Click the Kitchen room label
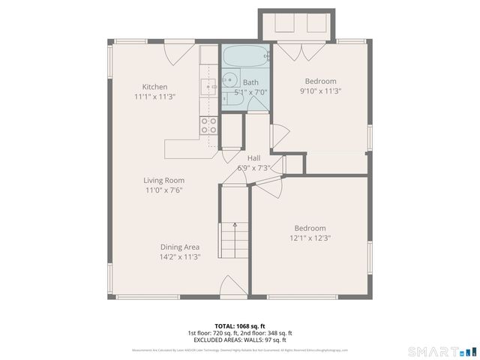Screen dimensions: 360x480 [x=154, y=87]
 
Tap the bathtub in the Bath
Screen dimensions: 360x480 [x=244, y=56]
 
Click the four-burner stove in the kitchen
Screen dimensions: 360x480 [x=208, y=125]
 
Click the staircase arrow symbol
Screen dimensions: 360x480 [x=235, y=224]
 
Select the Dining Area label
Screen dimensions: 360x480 [x=179, y=247]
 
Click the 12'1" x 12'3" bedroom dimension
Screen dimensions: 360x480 [x=310, y=238]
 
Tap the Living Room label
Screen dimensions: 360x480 [x=164, y=180]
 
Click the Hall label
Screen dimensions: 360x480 [x=253, y=158]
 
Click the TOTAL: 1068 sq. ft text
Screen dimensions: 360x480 [x=239, y=325]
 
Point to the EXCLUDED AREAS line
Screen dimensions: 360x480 [x=239, y=340]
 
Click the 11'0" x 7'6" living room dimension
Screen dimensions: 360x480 [x=164, y=190]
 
